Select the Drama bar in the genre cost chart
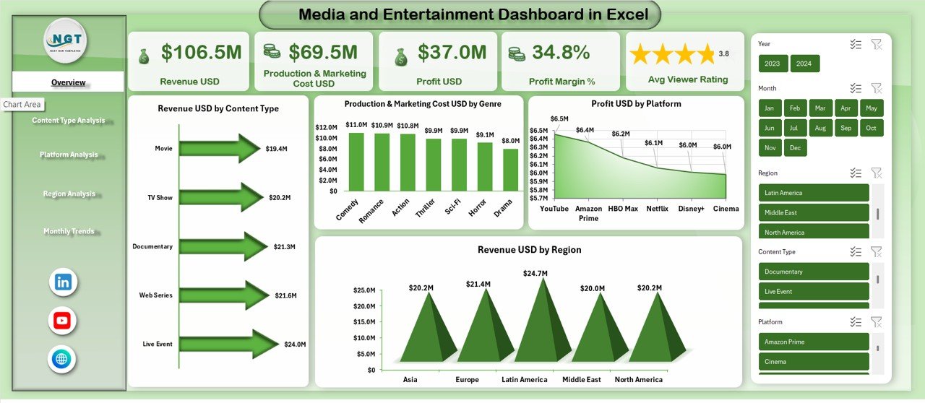(x=510, y=170)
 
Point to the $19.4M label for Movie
(x=276, y=149)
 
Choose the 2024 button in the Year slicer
(x=804, y=64)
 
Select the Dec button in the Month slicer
(x=794, y=147)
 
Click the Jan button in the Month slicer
(x=770, y=108)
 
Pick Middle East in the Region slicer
(x=813, y=212)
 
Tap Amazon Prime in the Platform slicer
(x=813, y=342)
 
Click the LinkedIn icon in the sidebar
(x=63, y=282)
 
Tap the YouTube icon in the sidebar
(x=63, y=321)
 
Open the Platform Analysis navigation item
(x=69, y=155)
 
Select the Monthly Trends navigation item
(x=69, y=231)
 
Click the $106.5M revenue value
(x=201, y=52)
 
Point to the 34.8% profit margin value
(x=561, y=52)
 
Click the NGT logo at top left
(x=65, y=41)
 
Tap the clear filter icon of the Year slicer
(x=877, y=44)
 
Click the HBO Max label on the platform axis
(x=622, y=209)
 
